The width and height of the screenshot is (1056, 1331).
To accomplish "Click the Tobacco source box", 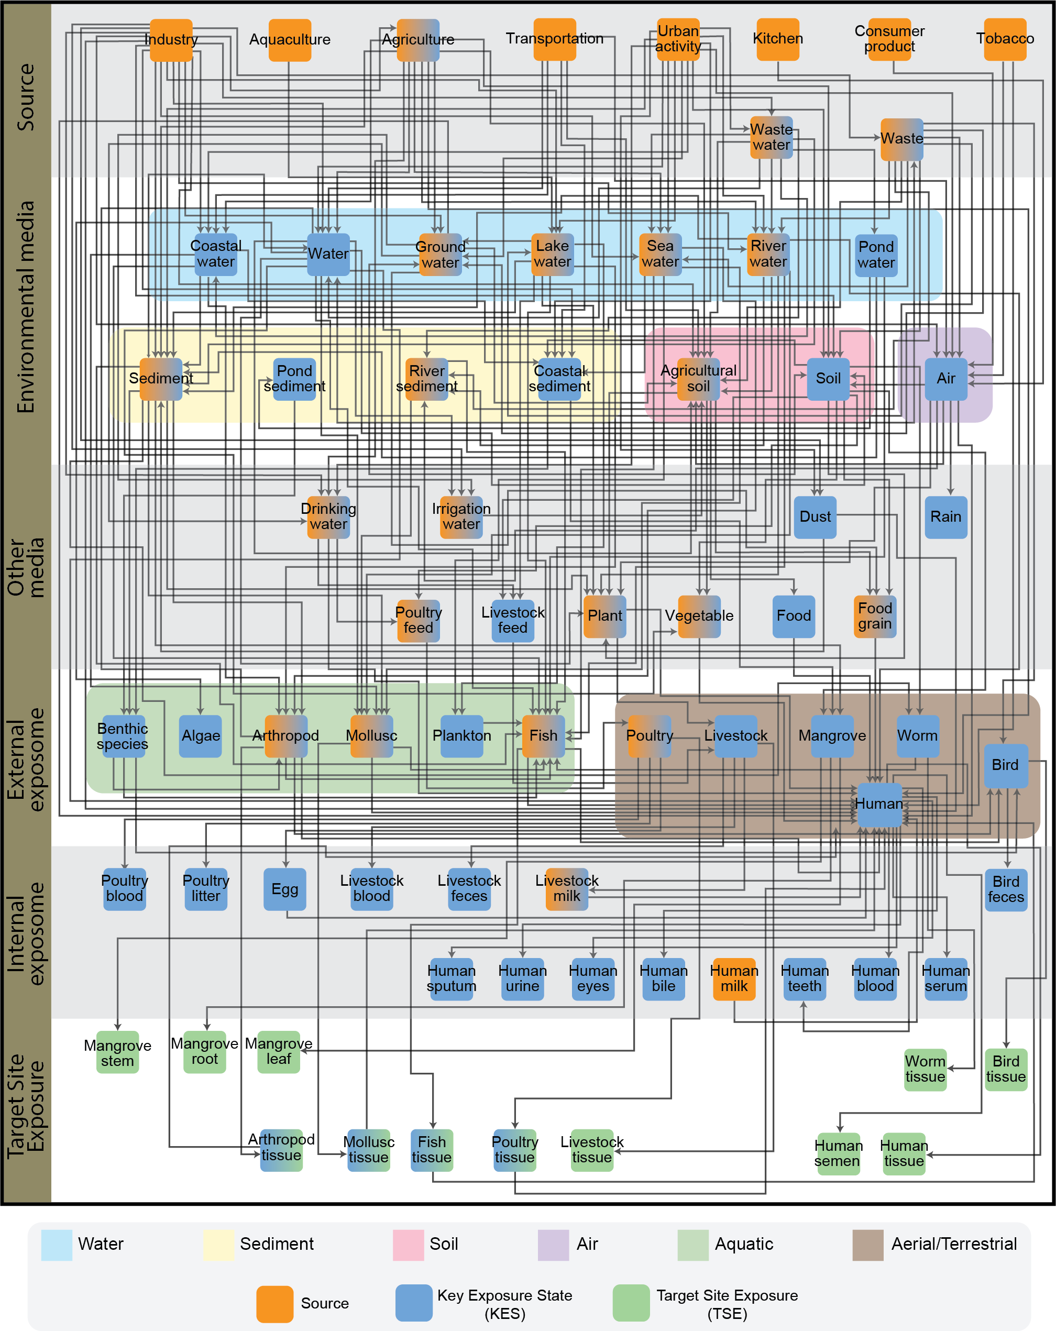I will (1005, 39).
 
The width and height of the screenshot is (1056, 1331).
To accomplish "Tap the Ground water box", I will (440, 255).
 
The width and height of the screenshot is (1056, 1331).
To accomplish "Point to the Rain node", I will (945, 516).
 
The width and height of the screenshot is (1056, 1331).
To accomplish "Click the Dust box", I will (815, 516).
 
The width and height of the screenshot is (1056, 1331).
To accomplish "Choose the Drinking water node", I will (328, 516).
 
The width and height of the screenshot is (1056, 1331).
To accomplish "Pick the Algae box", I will (201, 736).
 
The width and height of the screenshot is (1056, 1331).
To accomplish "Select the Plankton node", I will (461, 736).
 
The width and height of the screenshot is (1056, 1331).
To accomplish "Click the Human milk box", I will (734, 978).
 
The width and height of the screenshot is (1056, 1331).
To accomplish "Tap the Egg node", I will (284, 889).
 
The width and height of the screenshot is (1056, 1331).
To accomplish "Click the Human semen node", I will (838, 1153).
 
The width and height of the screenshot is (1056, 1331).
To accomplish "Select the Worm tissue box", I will (925, 1069).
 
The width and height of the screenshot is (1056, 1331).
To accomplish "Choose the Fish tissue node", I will (432, 1149).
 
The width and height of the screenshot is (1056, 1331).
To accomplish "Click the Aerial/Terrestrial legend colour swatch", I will (868, 1244).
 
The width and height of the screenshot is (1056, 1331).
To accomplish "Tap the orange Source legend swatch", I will (274, 1303).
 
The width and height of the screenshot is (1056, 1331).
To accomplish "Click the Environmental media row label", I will (26, 307).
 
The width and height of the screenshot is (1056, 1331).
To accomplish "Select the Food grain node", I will (875, 616).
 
